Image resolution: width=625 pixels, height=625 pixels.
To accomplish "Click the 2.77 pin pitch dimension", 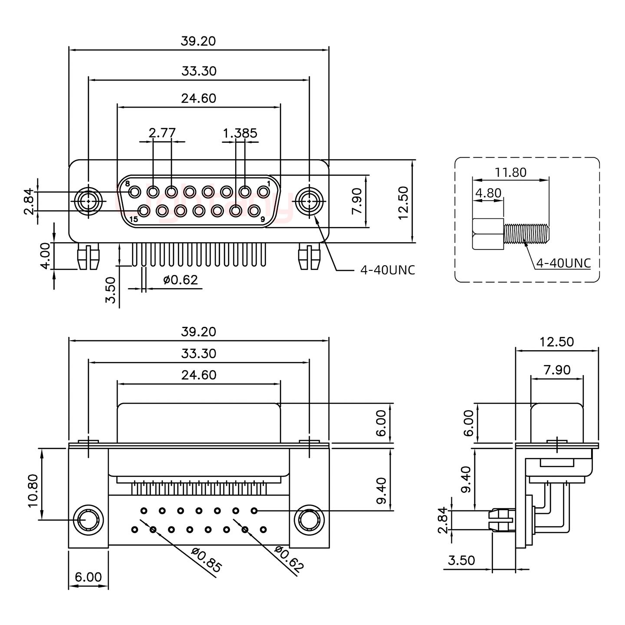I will [162, 133].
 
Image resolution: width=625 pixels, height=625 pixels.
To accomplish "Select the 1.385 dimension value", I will [240, 133].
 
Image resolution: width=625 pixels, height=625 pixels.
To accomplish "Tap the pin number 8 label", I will [128, 184].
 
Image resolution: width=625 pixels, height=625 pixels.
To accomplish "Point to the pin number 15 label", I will [133, 220].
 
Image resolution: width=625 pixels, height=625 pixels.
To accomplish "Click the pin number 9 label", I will [263, 220].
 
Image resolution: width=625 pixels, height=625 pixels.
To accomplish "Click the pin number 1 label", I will [269, 184].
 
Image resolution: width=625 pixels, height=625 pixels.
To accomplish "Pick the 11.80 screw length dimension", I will [510, 172].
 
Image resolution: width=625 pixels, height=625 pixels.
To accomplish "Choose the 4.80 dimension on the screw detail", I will [488, 193].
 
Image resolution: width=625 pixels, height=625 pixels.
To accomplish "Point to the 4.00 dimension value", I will [46, 256].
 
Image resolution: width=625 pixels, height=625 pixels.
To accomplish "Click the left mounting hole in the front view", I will [89, 202].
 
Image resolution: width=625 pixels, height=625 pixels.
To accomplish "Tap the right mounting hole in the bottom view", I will [309, 520].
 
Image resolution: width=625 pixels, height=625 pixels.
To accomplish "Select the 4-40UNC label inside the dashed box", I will [563, 263].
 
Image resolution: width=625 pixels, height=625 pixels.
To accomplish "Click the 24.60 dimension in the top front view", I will [198, 99].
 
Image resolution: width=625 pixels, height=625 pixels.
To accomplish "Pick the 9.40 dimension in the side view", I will [466, 480].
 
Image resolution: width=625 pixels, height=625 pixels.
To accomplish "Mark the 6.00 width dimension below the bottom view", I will [88, 577].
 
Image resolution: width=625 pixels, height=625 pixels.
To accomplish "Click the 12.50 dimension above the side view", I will [556, 342].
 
